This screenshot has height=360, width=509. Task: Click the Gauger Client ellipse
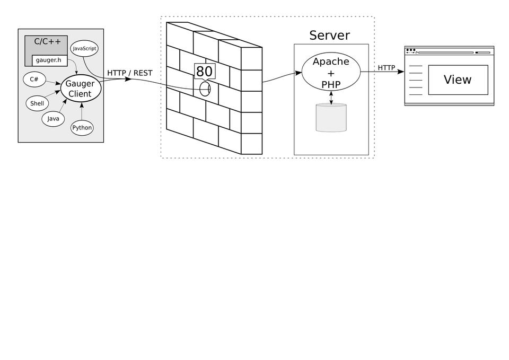coord(80,89)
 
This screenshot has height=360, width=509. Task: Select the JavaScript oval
coord(84,49)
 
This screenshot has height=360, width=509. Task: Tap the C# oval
coord(34,80)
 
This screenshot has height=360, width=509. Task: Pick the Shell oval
coord(37,103)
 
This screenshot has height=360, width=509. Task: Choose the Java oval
coord(53,118)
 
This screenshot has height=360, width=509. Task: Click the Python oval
coord(82,128)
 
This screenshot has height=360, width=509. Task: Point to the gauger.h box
coord(49,60)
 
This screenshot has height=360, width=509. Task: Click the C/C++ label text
coord(47,41)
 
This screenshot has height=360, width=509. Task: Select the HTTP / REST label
coord(129,73)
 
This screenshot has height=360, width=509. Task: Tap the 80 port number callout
coord(204,71)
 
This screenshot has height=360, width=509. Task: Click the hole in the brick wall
coord(205,89)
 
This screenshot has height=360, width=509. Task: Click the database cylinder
coord(331,118)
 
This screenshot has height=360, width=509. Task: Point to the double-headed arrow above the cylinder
coord(331,98)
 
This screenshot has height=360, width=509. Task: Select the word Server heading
coord(329,36)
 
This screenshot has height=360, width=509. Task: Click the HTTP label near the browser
coord(386,68)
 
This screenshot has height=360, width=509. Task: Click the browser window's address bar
coord(445,52)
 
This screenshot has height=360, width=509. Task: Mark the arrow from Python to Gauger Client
coord(82,112)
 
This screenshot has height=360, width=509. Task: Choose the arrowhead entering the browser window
coord(401,72)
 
